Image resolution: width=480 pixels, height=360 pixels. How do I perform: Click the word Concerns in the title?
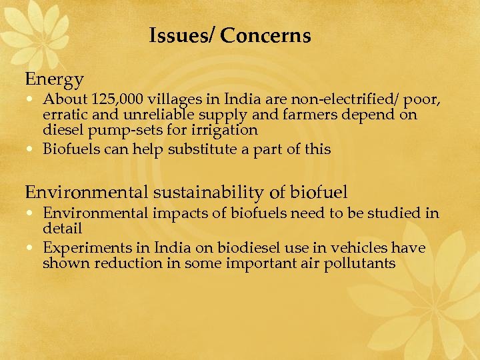[265, 35]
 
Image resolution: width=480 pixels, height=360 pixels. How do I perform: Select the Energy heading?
[55, 79]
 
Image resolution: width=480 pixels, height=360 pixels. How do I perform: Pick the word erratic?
[63, 115]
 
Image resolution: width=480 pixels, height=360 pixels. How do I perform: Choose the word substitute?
[199, 149]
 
